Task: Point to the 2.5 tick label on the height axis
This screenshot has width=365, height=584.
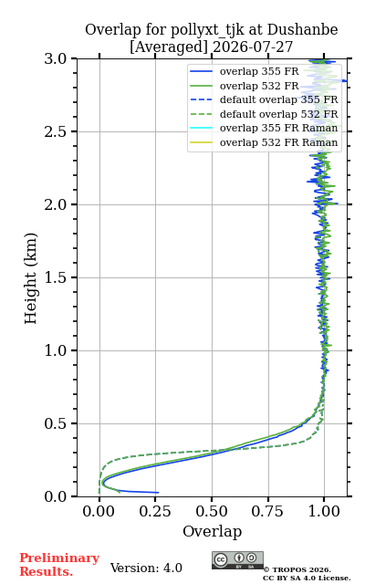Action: [55, 131]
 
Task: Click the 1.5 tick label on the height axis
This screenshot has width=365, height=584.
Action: [55, 277]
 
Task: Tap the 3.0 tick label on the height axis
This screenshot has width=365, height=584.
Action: [55, 58]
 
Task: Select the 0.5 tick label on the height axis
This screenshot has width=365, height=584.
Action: [55, 423]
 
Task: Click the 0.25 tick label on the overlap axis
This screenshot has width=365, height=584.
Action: [155, 511]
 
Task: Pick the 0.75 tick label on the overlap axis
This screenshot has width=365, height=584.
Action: [267, 511]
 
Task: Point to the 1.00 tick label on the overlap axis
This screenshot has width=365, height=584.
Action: [324, 511]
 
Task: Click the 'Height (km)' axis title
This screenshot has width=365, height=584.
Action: [30, 278]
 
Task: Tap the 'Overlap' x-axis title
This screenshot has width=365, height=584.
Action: [213, 531]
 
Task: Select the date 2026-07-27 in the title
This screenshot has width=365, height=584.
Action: [253, 47]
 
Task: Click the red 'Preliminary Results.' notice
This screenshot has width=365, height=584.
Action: [59, 565]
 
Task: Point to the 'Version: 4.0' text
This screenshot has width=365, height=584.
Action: [146, 568]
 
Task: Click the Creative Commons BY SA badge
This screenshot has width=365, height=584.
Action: [237, 560]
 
